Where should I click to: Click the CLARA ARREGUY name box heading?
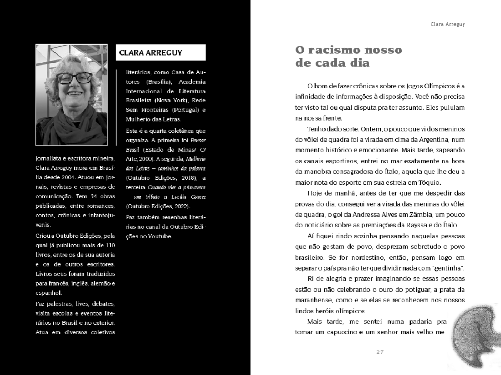tap(151, 53)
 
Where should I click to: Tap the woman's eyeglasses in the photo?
tap(74, 78)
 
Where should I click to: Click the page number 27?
tap(380, 352)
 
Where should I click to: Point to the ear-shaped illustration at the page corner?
tap(474, 336)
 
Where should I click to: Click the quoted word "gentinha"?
tap(448, 268)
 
